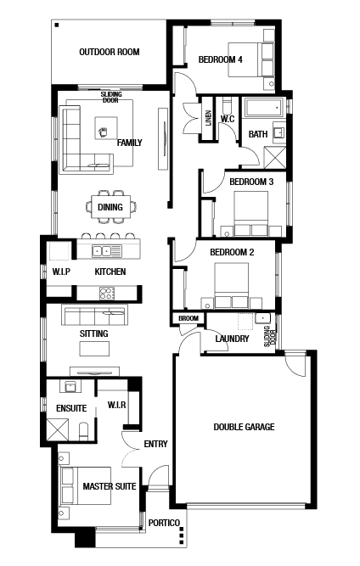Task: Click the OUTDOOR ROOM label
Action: [x=110, y=52]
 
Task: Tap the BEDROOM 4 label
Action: [x=220, y=59]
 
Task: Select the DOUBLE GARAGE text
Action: [x=244, y=427]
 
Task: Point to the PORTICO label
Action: [x=164, y=523]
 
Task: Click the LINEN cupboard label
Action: [x=208, y=118]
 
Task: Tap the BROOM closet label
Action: [x=188, y=318]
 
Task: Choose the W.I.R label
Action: [x=116, y=405]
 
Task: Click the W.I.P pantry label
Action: [x=61, y=272]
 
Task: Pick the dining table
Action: [x=111, y=206]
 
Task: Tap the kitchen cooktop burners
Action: [x=107, y=293]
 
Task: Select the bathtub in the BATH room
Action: [x=263, y=107]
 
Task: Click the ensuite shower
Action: [x=58, y=429]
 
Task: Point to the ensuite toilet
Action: [x=83, y=431]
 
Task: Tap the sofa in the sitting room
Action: [x=94, y=315]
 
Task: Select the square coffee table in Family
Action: [x=106, y=128]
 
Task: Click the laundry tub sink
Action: [x=262, y=319]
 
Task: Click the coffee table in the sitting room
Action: [x=94, y=349]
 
